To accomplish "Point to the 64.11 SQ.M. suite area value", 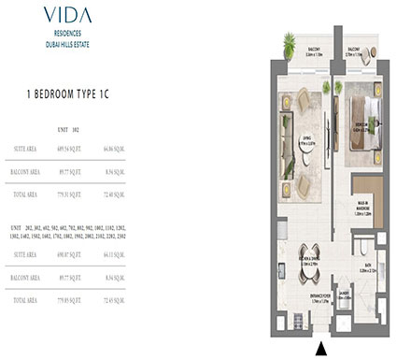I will [162, 255].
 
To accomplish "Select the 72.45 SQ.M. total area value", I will [162, 302].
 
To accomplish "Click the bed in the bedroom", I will [360, 122].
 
